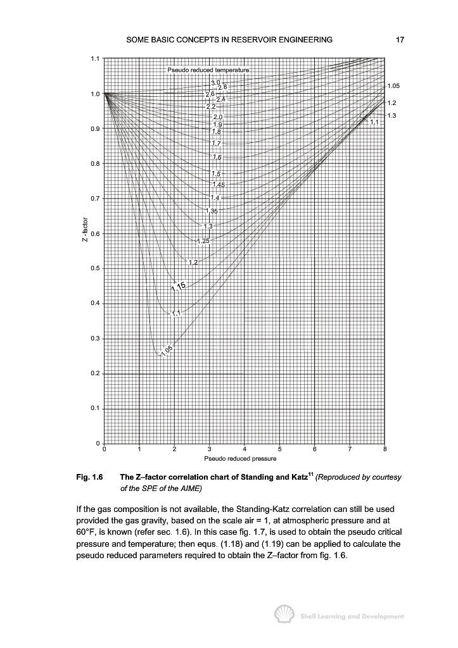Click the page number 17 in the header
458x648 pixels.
click(x=400, y=40)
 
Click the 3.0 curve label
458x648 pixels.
click(x=215, y=83)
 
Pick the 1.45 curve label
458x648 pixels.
click(x=219, y=184)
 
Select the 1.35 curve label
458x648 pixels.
click(x=213, y=210)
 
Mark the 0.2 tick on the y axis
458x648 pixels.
click(x=95, y=373)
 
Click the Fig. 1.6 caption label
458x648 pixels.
click(x=89, y=477)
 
